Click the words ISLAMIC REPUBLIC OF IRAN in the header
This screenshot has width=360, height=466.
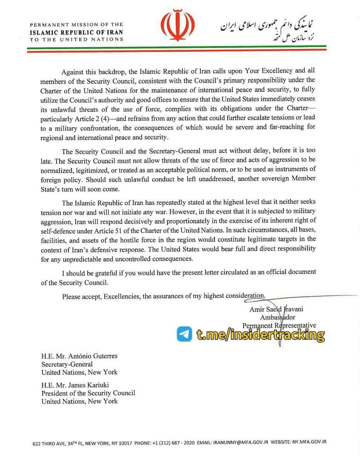(77, 33)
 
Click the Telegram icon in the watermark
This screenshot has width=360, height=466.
(184, 334)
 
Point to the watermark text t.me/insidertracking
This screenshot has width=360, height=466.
(260, 334)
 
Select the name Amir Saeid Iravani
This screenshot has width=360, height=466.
(276, 310)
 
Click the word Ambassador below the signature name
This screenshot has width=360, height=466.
(278, 317)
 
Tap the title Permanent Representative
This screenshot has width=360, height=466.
(279, 325)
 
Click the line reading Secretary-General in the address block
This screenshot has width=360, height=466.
(67, 364)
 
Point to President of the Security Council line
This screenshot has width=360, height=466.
(88, 393)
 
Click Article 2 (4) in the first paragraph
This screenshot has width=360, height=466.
(89, 117)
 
